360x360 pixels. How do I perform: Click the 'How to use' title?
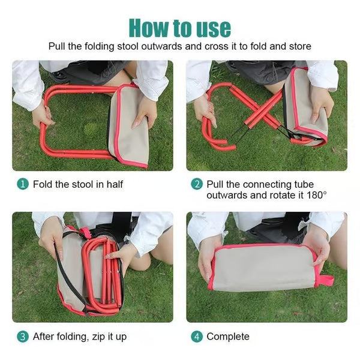(180, 28)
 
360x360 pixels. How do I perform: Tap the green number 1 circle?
(23, 184)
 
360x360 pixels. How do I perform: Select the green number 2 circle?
(197, 184)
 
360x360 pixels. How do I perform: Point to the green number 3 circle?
(23, 337)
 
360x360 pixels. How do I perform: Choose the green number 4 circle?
(197, 337)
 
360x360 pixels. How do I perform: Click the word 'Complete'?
(228, 337)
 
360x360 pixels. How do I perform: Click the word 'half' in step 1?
(115, 184)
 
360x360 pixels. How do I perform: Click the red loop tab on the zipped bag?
(326, 280)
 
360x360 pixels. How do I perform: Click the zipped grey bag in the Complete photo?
(264, 268)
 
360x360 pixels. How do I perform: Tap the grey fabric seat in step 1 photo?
(128, 126)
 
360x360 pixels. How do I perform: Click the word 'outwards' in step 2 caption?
(227, 196)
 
